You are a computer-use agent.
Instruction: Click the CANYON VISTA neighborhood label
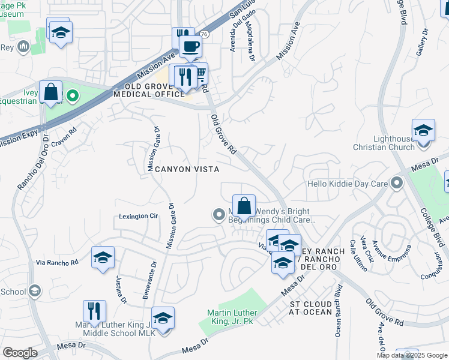tap(187, 170)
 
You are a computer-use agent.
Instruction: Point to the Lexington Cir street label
tap(137, 216)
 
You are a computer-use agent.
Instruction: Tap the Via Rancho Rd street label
tap(57, 263)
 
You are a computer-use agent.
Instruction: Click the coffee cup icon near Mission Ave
tap(191, 46)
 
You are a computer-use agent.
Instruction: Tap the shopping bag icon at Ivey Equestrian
tap(51, 92)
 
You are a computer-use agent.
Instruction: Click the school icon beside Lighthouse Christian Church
tap(423, 130)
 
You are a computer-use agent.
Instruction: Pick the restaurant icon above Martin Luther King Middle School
tap(94, 311)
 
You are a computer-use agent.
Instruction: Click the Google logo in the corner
tap(20, 353)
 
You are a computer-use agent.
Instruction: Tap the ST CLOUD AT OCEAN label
tap(311, 308)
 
